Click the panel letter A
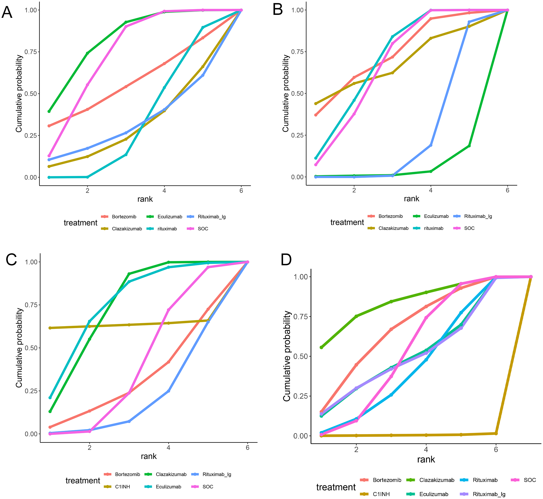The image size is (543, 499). tap(7, 12)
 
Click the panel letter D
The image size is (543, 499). tap(286, 260)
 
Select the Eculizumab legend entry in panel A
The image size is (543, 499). tap(169, 217)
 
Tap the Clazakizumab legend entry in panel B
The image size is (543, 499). tap(393, 228)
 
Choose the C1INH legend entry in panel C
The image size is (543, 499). tap(122, 487)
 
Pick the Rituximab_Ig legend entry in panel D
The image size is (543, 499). tap(489, 494)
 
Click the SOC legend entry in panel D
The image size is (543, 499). tap(529, 480)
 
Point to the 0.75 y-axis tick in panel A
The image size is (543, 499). tap(30, 52)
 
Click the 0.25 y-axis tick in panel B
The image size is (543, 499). tap(297, 135)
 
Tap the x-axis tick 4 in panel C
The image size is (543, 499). tap(168, 447)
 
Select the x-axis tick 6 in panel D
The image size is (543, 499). tap(496, 449)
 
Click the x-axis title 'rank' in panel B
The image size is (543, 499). tap(411, 199)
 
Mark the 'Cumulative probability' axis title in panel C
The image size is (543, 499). tap(19, 348)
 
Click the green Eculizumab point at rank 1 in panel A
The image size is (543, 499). tap(49, 111)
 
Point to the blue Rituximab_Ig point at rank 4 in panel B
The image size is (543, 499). tap(431, 145)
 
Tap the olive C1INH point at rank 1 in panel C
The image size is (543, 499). tap(50, 328)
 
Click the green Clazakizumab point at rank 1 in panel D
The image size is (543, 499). tap(321, 347)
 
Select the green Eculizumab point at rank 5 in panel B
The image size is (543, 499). tap(469, 146)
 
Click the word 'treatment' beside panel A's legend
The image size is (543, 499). tap(80, 223)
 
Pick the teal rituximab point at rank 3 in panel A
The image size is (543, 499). tap(126, 155)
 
